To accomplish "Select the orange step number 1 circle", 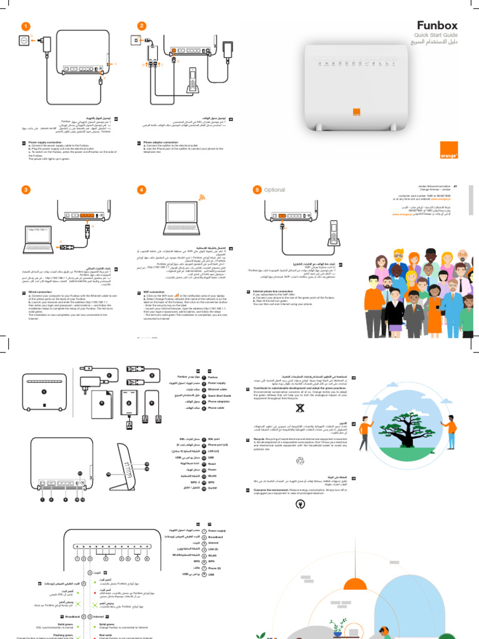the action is [26, 26].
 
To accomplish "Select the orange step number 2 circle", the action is [142, 26].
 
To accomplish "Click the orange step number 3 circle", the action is [26, 190].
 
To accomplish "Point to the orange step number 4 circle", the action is [142, 190].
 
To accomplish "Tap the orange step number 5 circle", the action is [257, 190].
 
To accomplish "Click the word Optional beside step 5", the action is [274, 190].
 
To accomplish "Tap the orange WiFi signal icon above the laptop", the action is [201, 198].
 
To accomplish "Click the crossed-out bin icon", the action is [300, 408].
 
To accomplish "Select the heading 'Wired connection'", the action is [36, 291].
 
